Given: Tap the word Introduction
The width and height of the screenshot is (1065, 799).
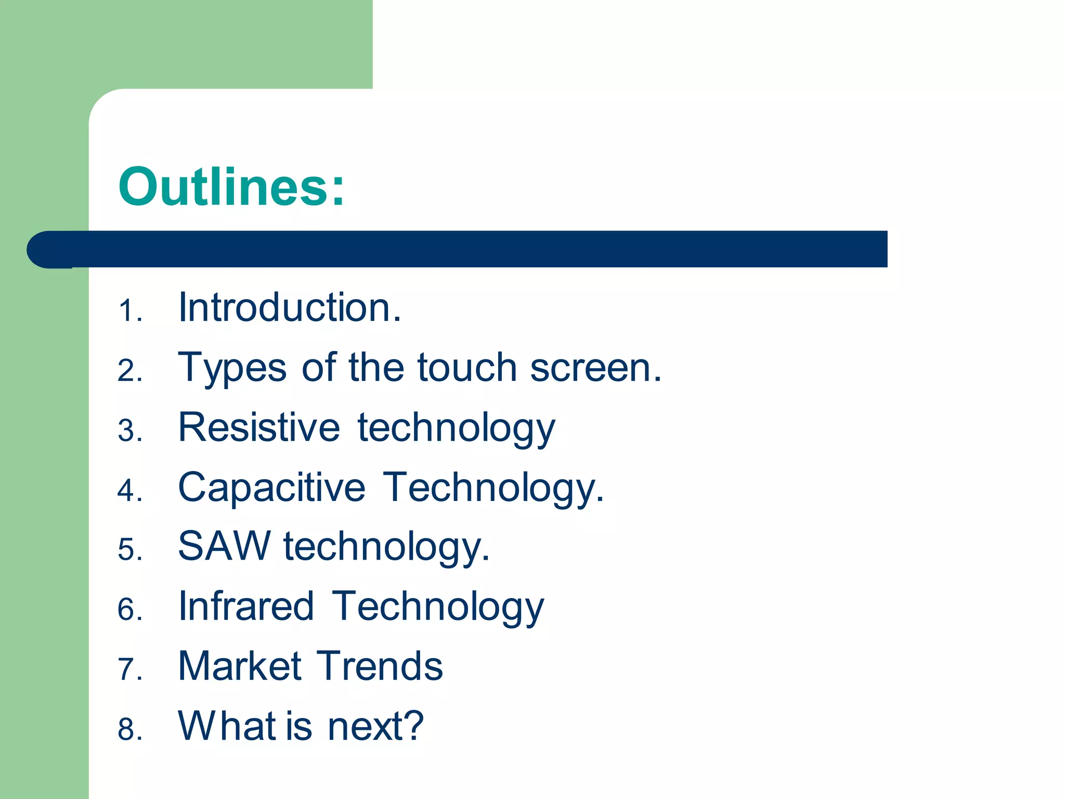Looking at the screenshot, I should [289, 307].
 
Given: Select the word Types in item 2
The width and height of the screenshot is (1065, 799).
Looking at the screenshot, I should [232, 368].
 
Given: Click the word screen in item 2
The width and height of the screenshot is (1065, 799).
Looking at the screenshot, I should [595, 367].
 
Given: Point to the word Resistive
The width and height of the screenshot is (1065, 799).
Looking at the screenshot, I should [259, 427].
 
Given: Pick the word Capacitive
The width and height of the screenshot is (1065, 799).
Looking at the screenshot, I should [271, 487].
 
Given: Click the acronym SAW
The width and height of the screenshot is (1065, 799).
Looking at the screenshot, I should [224, 546].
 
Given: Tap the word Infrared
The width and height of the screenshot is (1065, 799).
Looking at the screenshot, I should [246, 606].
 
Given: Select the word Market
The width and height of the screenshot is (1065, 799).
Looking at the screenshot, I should [240, 666].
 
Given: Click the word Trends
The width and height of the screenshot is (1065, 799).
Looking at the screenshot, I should [380, 666].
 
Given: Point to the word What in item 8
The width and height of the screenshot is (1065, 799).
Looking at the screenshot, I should [227, 726].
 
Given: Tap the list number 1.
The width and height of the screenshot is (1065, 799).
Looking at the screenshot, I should [128, 311].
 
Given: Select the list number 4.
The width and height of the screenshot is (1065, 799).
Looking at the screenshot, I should [128, 491].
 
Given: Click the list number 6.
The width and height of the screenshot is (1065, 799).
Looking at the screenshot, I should [128, 610].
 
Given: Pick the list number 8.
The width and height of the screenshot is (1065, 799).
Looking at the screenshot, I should [128, 729].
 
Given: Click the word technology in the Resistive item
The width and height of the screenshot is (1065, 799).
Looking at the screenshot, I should [456, 428].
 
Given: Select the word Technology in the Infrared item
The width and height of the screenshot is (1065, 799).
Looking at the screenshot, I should [438, 607].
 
